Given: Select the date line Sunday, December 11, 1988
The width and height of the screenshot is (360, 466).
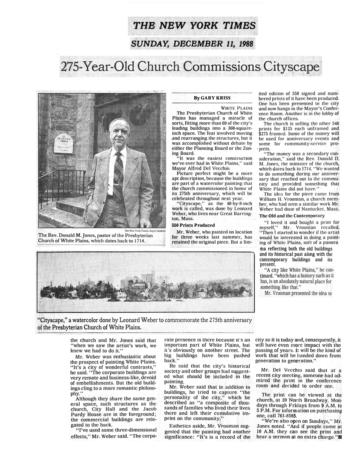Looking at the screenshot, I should click(x=192, y=44).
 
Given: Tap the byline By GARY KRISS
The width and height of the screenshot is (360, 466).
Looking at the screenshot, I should click(x=212, y=98).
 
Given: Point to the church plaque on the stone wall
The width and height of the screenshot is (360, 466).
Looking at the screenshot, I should click(x=63, y=143).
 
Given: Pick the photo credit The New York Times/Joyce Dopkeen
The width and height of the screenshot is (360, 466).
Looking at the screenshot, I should click(x=145, y=231).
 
